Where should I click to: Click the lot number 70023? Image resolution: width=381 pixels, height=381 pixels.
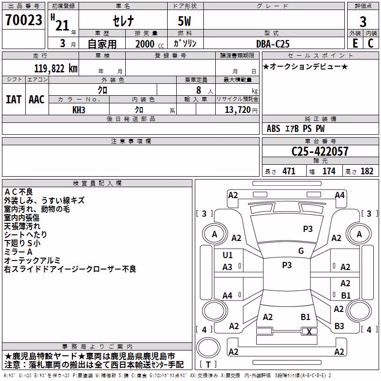[x=24, y=20]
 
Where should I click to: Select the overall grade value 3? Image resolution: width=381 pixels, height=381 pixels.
[x=363, y=21]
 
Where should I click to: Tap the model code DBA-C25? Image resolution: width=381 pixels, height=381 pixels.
[x=273, y=44]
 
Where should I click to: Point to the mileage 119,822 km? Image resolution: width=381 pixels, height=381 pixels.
[x=56, y=69]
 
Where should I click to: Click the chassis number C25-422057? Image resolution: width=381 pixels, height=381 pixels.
[x=320, y=151]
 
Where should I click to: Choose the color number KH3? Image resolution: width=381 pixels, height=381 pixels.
[x=79, y=110]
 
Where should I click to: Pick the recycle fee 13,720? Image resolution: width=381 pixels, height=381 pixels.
[x=238, y=110]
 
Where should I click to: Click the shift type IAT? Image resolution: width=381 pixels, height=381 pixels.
[x=14, y=100]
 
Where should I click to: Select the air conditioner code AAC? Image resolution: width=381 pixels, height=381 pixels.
[x=37, y=100]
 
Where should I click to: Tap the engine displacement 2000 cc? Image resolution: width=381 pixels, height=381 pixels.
[x=150, y=44]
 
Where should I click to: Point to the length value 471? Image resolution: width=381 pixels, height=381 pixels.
[x=289, y=171]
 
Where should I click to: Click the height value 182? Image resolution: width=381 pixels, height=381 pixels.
[x=367, y=171]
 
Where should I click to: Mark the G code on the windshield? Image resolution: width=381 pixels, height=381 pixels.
[x=301, y=251]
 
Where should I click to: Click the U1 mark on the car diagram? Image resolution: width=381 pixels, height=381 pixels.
[x=228, y=255]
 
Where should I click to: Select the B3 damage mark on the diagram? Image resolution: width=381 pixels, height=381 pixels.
[x=339, y=326]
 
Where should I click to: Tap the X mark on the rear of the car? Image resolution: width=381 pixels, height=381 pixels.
[x=309, y=331]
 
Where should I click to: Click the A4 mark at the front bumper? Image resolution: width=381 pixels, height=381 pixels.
[x=340, y=195]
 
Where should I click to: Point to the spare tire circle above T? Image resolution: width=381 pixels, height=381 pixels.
[x=208, y=347]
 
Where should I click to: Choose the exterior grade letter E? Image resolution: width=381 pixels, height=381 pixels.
[x=355, y=43]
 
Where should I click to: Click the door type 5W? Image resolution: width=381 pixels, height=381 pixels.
[x=184, y=21]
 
